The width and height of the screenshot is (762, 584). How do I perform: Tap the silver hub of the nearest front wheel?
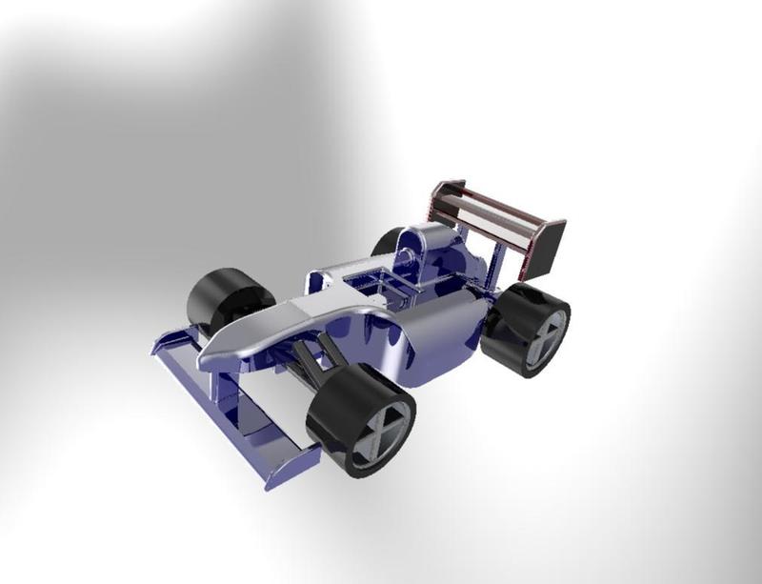384,432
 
